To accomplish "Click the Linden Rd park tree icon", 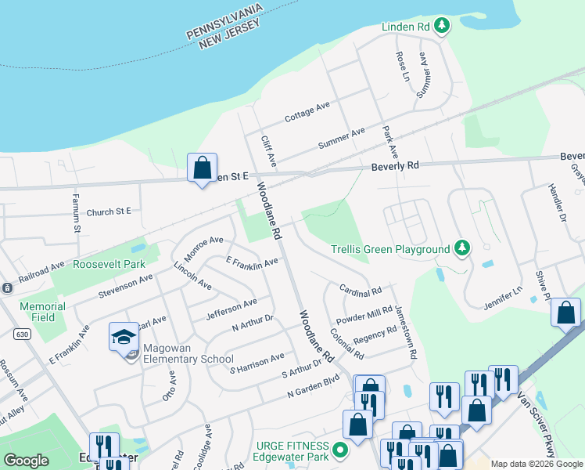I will (442, 27).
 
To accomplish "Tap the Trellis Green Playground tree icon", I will (463, 248).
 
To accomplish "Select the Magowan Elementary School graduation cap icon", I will (124, 338).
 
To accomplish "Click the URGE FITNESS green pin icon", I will (339, 451).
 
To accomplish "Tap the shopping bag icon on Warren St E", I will (202, 168).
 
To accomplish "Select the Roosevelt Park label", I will (109, 264).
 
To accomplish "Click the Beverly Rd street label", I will (395, 166).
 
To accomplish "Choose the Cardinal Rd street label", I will (361, 290).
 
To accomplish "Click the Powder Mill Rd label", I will (364, 316).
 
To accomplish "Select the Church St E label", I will (109, 211).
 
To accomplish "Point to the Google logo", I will (27, 461).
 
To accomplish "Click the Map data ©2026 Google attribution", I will (537, 464).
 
